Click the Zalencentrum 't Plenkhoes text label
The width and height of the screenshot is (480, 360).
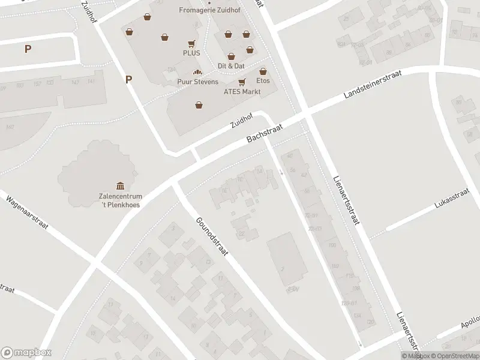[x=120, y=200]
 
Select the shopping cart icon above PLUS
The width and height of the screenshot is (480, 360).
[x=191, y=43]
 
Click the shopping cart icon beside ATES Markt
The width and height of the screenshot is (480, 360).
[x=242, y=82]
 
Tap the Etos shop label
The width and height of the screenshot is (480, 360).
[x=263, y=80]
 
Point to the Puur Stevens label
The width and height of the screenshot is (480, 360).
[x=197, y=82]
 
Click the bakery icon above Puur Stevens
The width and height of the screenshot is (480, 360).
[x=197, y=73]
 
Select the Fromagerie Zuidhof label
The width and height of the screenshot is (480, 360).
[x=206, y=10]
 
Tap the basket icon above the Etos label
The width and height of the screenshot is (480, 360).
[x=262, y=71]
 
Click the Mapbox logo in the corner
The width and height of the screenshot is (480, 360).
[x=26, y=352]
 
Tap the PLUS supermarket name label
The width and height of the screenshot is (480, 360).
[x=191, y=53]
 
